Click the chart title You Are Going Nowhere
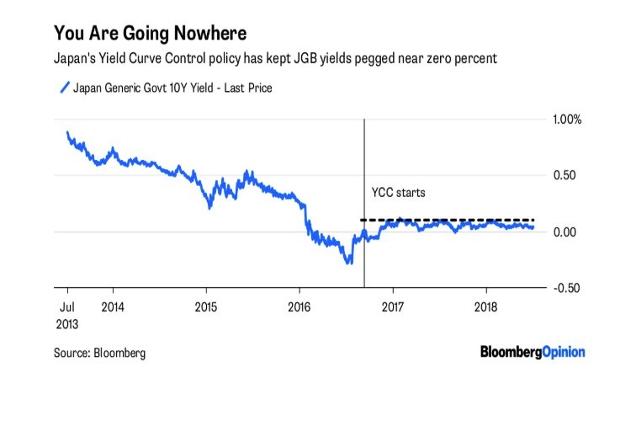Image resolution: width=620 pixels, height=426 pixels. tap(151, 33)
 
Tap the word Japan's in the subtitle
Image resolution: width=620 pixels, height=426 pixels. tap(74, 59)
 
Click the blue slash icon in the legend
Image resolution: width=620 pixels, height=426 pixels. tap(65, 88)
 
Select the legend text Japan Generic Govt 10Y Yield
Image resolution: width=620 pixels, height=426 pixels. tap(143, 88)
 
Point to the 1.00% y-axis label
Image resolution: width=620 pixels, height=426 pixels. tap(567, 120)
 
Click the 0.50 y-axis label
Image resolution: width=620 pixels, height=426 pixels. tap(564, 175)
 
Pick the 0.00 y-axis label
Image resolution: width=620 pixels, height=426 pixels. tap(564, 232)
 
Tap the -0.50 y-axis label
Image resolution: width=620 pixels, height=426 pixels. tap(566, 288)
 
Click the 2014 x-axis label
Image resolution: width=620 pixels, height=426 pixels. tap(113, 307)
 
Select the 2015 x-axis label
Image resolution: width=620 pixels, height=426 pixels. tap(206, 307)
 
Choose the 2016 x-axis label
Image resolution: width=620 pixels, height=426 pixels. tap(299, 307)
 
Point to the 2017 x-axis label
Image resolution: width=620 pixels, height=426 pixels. tap(393, 307)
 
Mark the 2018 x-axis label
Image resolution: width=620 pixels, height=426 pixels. tap(486, 307)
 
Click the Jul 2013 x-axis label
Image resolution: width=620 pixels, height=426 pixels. tap(67, 316)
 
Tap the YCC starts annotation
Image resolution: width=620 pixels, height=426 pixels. tap(399, 193)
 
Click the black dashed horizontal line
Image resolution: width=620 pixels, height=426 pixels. tap(448, 220)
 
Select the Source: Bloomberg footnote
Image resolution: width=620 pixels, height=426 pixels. tap(99, 353)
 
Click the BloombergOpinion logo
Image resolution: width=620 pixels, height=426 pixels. tap(533, 352)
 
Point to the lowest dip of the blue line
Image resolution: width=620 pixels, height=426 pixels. tap(349, 263)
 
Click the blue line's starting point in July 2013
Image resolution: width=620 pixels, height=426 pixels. tap(67, 132)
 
